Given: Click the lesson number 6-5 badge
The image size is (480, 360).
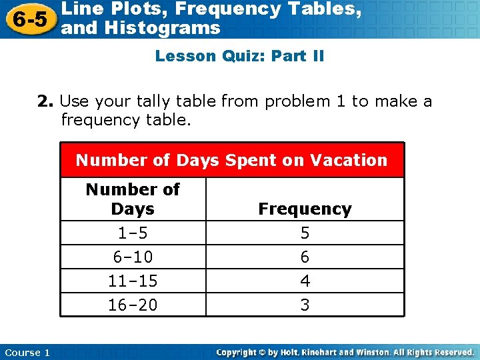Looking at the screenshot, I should click(x=28, y=19).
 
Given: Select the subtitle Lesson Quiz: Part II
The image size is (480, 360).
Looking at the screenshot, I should click(x=239, y=56).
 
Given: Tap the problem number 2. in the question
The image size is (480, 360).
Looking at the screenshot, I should click(x=45, y=101).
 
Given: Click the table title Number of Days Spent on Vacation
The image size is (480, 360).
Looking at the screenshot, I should click(x=231, y=160).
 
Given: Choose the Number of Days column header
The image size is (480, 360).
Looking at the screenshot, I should click(x=133, y=199).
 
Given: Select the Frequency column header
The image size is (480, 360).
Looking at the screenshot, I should click(x=305, y=209).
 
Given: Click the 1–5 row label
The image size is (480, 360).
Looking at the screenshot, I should click(x=133, y=233).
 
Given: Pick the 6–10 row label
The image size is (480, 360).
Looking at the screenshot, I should click(x=133, y=257).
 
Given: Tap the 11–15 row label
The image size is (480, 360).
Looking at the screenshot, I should click(x=133, y=281).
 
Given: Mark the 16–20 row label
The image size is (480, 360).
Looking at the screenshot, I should click(x=133, y=305).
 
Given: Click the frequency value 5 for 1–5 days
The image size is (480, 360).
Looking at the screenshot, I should click(x=305, y=233).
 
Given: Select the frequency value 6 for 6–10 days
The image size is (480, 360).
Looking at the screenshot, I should click(x=305, y=257).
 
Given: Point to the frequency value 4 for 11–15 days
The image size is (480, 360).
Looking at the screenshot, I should click(x=305, y=281).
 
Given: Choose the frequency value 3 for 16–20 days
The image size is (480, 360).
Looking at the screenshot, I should click(x=305, y=305).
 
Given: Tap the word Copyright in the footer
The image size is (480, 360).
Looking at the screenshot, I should click(x=239, y=352).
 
